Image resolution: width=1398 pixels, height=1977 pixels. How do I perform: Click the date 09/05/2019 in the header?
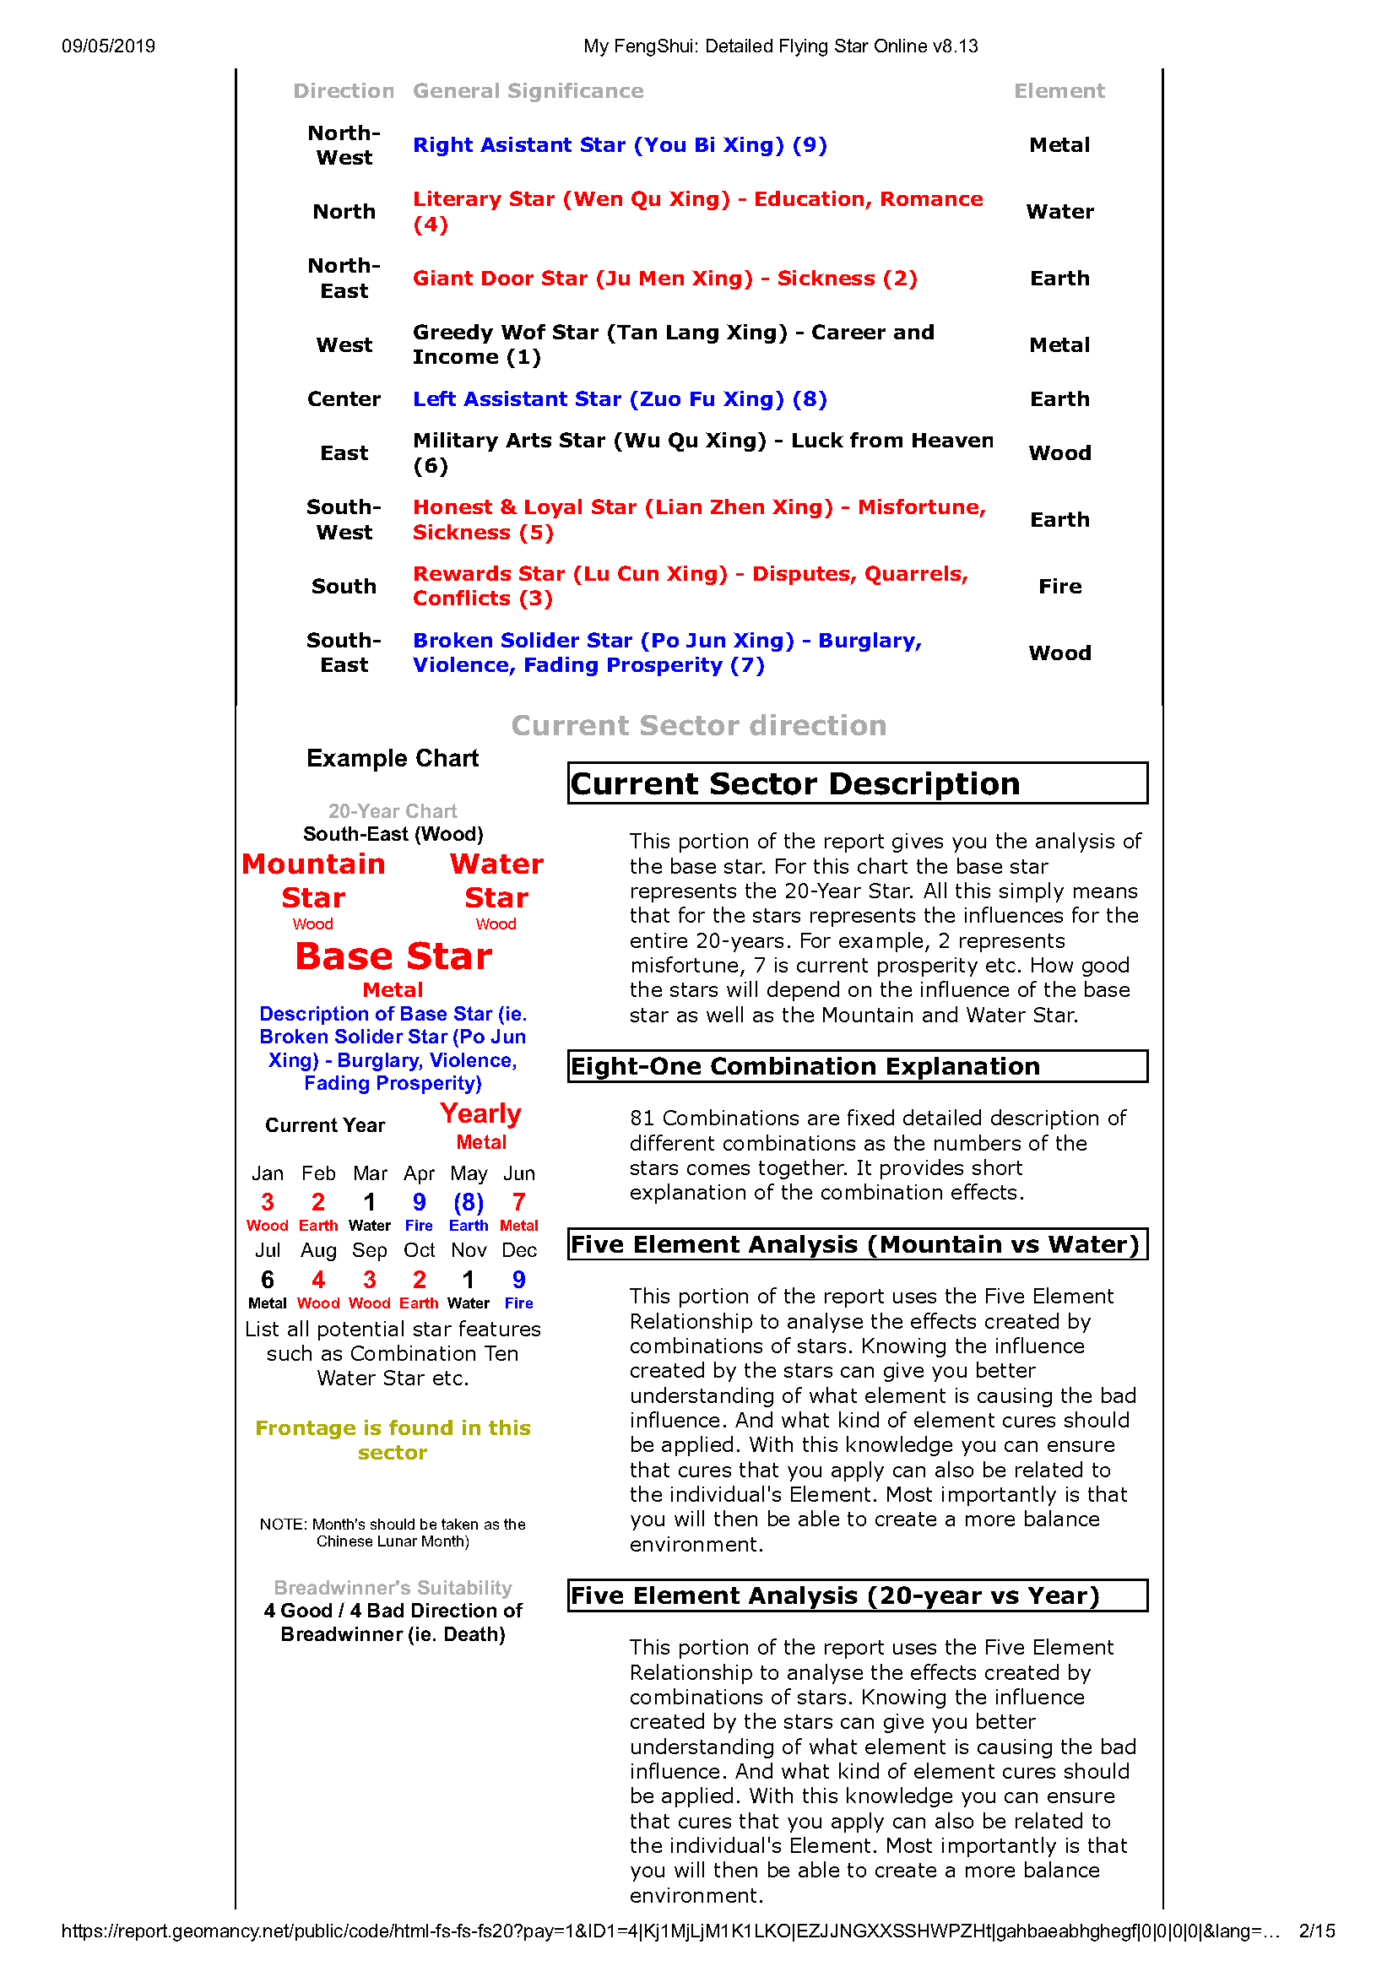[108, 46]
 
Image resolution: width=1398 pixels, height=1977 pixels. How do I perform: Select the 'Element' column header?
[1059, 91]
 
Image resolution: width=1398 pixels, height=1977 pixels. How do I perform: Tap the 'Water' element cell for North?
[1059, 212]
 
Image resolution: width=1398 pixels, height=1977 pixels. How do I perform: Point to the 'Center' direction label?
[344, 399]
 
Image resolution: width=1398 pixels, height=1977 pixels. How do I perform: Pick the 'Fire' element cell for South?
[1059, 587]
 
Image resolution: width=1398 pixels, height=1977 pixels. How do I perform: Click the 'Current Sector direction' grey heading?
[698, 726]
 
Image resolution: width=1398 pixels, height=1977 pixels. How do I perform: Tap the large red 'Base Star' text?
[393, 956]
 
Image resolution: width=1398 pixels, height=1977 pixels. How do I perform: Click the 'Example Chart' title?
[393, 759]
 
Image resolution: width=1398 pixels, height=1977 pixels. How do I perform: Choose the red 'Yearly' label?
[480, 1114]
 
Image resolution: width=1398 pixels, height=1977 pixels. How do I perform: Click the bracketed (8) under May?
[469, 1202]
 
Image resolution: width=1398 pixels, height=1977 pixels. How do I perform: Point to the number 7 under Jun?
[518, 1202]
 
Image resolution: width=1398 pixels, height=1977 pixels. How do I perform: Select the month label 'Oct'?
[420, 1250]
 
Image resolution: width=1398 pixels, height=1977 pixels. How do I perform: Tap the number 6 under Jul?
[267, 1280]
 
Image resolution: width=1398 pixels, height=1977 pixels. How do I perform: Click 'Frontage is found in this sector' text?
[393, 1439]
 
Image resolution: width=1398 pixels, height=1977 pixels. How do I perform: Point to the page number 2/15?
[1316, 1931]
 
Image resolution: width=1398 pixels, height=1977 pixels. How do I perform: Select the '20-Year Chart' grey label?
[393, 811]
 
